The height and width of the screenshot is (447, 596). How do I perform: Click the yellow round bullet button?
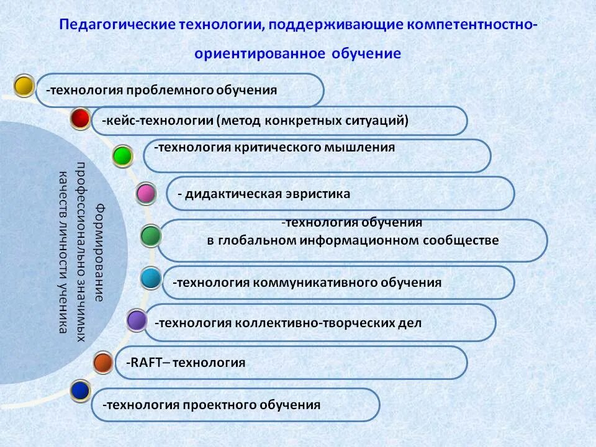[24, 86]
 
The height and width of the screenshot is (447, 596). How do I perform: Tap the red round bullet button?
[80, 118]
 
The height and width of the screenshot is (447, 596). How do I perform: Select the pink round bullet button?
[146, 194]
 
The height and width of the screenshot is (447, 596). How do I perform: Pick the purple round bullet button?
[136, 320]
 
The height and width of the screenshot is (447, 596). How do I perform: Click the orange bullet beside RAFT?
[102, 362]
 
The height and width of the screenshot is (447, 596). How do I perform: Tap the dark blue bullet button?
[81, 391]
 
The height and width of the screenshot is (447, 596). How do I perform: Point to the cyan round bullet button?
[150, 278]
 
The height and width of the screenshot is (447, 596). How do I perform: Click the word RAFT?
[145, 363]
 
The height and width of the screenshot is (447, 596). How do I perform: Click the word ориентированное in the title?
[260, 53]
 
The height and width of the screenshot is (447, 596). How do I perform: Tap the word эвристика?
[316, 194]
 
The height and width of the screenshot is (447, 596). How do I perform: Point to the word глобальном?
[255, 240]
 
